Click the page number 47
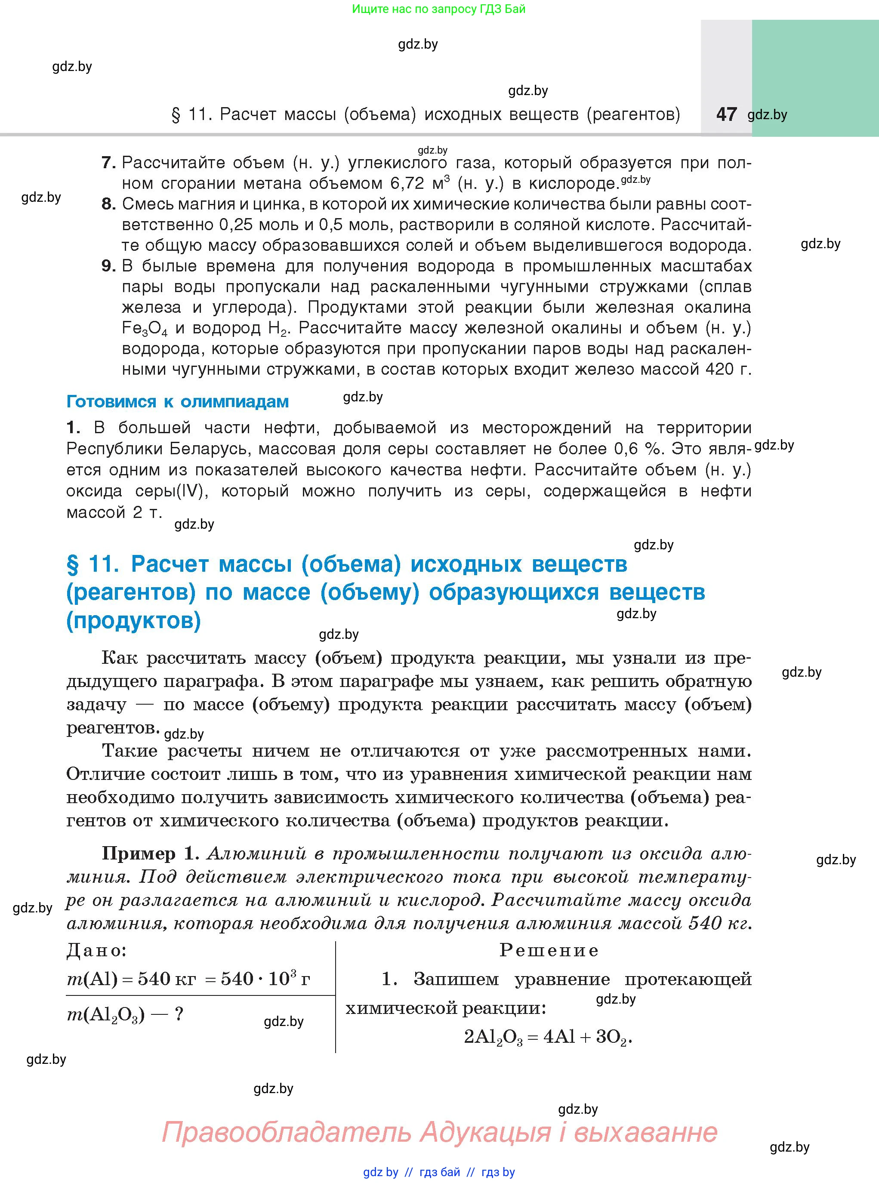pos(726,114)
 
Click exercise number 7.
pos(108,162)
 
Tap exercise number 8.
pos(108,204)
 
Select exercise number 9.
pos(108,265)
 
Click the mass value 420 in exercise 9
pos(722,369)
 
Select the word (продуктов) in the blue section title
pos(133,620)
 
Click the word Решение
pos(549,950)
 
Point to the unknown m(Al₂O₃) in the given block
pos(106,1014)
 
